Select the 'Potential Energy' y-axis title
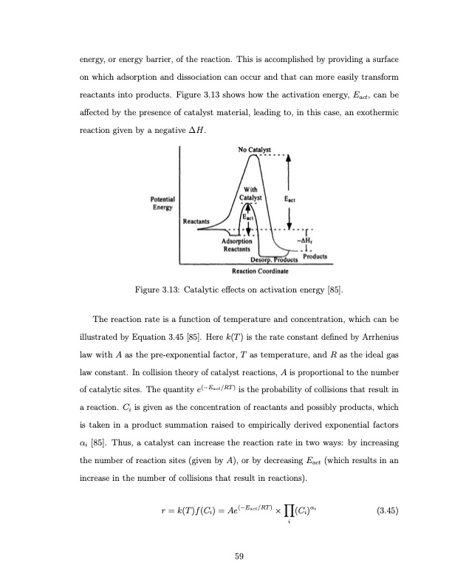tap(162, 203)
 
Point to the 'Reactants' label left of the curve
tap(197, 221)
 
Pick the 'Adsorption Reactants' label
tap(237, 245)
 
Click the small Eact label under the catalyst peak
tap(250, 218)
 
